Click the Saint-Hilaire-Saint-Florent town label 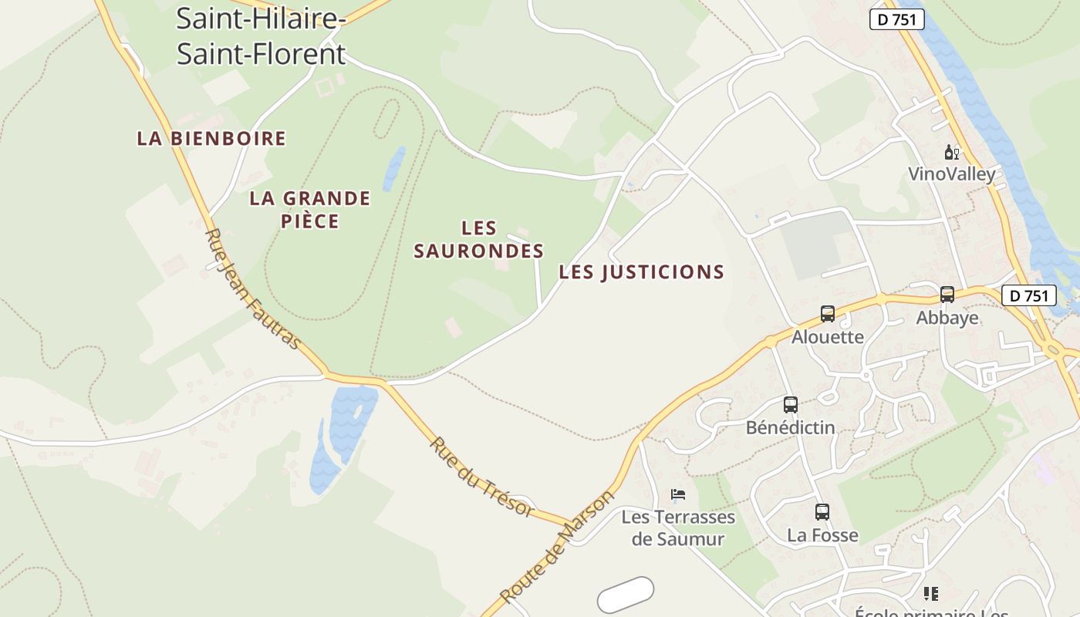coord(261,35)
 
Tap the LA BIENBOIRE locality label coord(211,139)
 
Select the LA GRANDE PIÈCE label coord(309,210)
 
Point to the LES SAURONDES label coord(479,240)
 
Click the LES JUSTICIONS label coord(641,272)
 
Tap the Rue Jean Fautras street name coord(252,288)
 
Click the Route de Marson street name coord(556,547)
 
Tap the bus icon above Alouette coord(828,314)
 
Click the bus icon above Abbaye coord(947,295)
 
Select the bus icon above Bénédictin coord(791,405)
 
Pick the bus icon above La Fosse coord(822,512)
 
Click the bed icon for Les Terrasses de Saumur coord(678,495)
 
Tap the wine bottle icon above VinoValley coord(952,153)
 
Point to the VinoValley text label coord(952,174)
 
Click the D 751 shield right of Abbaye coord(1028,295)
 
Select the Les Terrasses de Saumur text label coord(678,528)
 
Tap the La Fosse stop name coord(822,535)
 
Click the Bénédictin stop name coord(791,427)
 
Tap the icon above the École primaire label coord(931,594)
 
